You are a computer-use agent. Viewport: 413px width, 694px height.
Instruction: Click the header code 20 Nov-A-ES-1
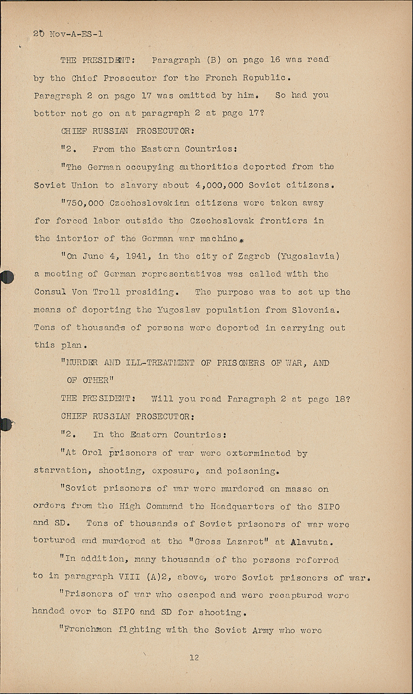tap(68, 34)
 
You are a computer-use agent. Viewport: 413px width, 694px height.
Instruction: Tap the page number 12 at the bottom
tap(194, 657)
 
